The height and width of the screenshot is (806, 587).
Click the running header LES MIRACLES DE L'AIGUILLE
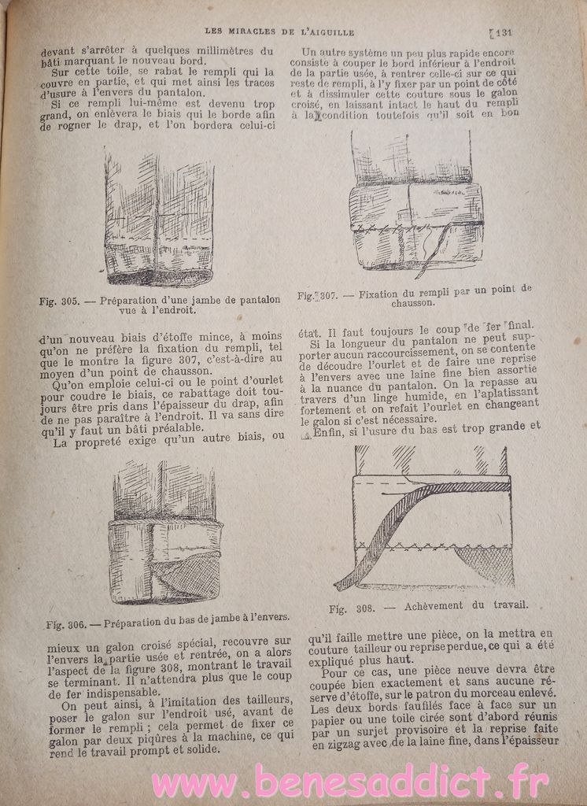279,31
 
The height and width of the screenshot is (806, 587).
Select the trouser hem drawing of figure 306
165,535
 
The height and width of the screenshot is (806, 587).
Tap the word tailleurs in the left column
252,700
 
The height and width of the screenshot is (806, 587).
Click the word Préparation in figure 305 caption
131,299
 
